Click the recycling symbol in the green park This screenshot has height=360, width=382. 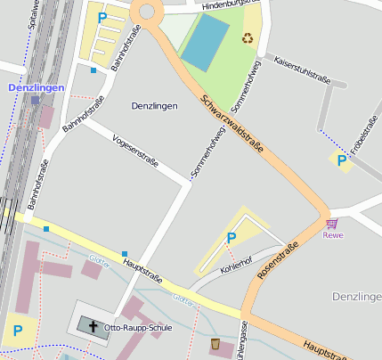point(248,38)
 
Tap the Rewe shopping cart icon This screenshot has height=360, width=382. point(332,223)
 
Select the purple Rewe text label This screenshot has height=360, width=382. point(332,235)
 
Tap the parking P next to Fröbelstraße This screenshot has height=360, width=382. point(340,160)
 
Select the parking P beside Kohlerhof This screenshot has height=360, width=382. point(232,238)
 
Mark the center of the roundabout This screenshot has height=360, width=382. point(146,11)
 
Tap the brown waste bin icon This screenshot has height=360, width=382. point(215,343)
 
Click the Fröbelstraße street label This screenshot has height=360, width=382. point(363,139)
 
